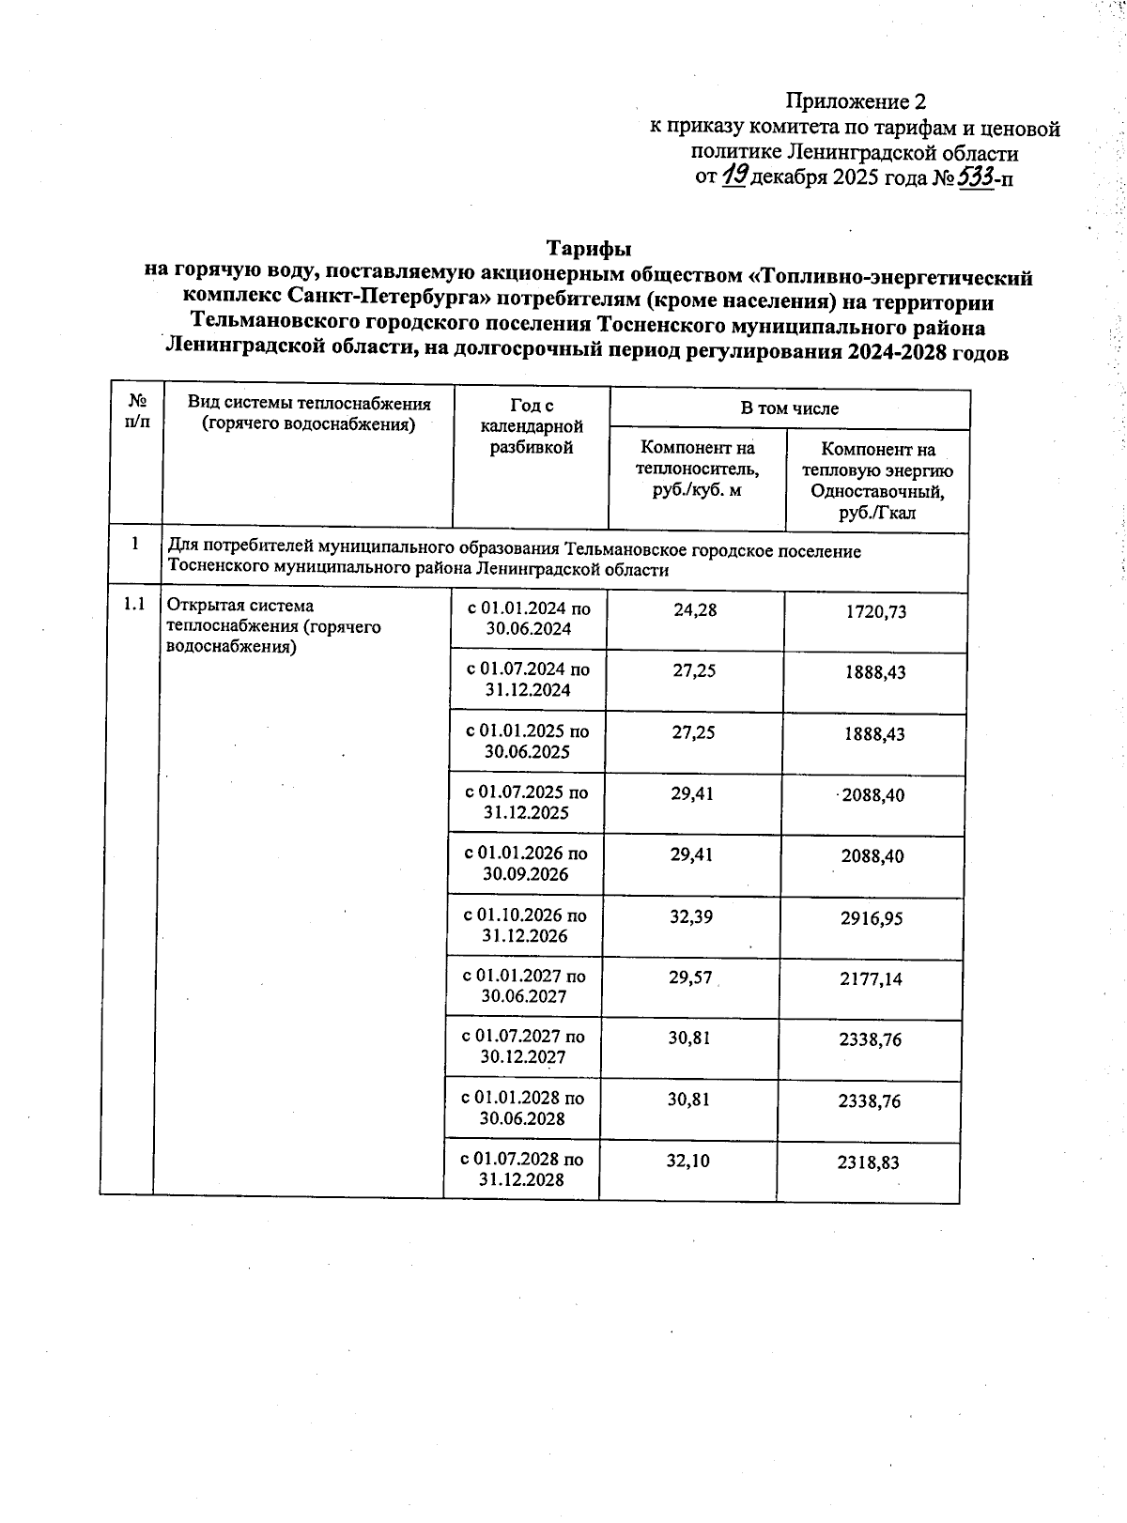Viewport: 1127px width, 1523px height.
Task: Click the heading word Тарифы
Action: [x=589, y=249]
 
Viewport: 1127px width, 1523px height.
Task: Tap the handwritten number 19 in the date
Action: [x=735, y=176]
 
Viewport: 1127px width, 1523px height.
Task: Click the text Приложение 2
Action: [x=856, y=101]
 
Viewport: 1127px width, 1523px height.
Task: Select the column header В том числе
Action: [x=789, y=408]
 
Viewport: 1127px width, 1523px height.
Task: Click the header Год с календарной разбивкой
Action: [x=531, y=426]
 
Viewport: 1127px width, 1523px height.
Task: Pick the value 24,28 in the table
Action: [x=695, y=609]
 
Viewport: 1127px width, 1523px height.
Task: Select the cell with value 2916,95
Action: [x=872, y=917]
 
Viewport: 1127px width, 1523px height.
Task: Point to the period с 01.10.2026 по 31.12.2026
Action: [x=525, y=925]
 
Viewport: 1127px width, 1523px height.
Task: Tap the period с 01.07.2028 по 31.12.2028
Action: [x=522, y=1169]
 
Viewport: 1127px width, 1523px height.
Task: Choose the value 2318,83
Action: [x=868, y=1162]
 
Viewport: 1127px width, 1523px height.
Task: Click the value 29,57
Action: [x=691, y=977]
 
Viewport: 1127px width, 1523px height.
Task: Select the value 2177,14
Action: [x=871, y=978]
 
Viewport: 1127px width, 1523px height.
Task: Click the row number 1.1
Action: [x=134, y=605]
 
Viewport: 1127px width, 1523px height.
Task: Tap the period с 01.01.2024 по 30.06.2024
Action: [x=529, y=619]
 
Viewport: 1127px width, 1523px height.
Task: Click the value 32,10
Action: [x=688, y=1161]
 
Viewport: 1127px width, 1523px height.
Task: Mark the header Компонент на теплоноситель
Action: [x=697, y=469]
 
